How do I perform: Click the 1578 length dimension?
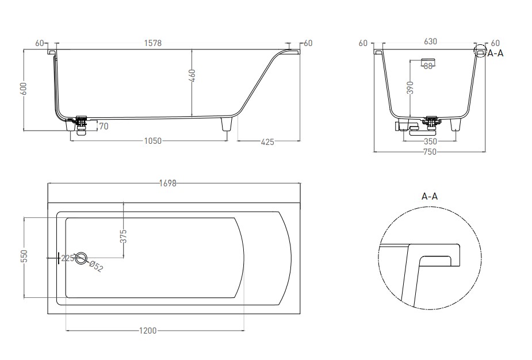(x=153, y=43)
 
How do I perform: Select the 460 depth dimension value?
(x=192, y=76)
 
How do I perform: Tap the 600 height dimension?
(x=24, y=89)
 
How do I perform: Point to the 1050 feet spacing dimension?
(x=153, y=141)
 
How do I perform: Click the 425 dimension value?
(x=267, y=142)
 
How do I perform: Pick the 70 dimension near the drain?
(x=104, y=126)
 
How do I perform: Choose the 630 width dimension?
(x=430, y=41)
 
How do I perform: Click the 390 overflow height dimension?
(x=411, y=87)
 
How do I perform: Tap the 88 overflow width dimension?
(x=428, y=66)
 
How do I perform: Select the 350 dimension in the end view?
(x=430, y=141)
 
